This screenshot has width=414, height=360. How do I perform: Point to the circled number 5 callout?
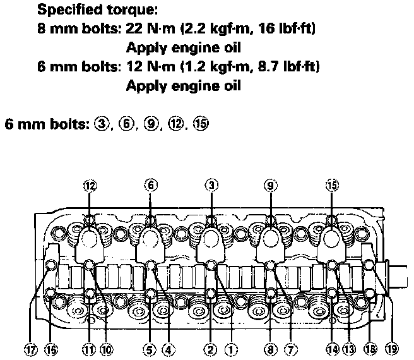click(149, 348)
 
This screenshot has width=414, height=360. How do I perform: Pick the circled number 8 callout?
click(271, 348)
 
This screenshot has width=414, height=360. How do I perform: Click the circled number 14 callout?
click(332, 348)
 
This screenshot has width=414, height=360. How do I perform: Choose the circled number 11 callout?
click(89, 348)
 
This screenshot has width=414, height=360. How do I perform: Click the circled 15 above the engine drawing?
click(333, 185)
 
